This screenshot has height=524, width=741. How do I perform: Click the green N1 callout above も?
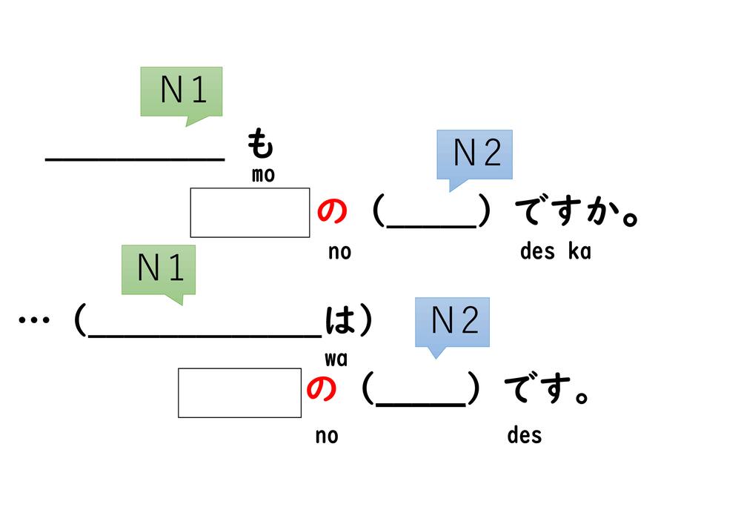pos(181,92)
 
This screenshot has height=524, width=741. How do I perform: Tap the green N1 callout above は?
pos(159,270)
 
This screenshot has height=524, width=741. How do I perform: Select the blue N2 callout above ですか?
pos(474,155)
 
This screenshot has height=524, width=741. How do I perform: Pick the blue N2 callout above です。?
pos(452,322)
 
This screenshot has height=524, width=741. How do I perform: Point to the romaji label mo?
pos(263,176)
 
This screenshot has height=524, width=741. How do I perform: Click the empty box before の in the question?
pos(250,213)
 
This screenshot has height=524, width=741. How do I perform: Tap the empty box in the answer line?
pos(239,393)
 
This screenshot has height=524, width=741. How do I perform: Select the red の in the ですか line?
pos(331,213)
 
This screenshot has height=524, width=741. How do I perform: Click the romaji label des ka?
pos(555,251)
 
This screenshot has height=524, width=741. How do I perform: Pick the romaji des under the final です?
pos(524,434)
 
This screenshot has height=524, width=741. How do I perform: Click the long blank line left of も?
pos(135,158)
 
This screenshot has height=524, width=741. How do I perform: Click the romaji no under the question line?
pos(339,252)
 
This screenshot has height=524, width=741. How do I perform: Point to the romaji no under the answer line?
pos(326,435)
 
